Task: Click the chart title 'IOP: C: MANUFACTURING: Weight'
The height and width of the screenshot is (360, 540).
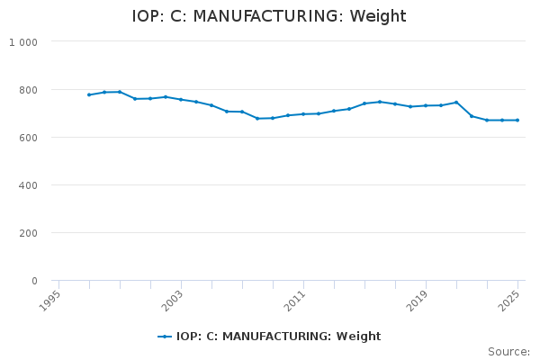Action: (269, 16)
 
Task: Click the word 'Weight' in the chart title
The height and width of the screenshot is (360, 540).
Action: (378, 16)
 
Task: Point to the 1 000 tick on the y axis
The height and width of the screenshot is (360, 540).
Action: (23, 42)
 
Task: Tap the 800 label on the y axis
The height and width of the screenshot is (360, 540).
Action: (29, 90)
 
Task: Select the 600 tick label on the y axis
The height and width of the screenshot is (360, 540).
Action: (29, 138)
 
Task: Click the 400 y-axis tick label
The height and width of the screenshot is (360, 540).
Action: (29, 185)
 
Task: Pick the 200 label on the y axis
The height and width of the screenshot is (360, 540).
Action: (29, 233)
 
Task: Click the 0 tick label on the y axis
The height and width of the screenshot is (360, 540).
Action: (34, 281)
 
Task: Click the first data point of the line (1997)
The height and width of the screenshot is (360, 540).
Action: (89, 94)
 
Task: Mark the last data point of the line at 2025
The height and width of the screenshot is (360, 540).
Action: (517, 120)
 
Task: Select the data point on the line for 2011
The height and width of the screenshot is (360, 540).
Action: (303, 114)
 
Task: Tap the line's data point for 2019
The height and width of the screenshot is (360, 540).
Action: (426, 105)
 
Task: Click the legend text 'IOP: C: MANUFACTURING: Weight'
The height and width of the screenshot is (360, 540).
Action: (278, 337)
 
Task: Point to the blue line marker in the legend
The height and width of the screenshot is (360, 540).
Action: (165, 337)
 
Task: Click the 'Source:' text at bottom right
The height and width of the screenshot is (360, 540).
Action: (508, 352)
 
